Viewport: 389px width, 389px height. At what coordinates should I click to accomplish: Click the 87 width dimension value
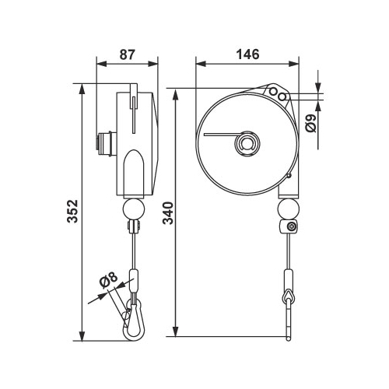coord(128,54)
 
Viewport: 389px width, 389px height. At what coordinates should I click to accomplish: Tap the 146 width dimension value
coord(247,54)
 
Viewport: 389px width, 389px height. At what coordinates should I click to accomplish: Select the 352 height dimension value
coord(72,211)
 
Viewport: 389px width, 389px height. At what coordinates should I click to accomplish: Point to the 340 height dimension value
coord(169,213)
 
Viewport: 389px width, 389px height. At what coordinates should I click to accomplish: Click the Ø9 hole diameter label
coord(311,123)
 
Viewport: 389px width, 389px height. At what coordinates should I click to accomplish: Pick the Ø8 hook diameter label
coord(108,280)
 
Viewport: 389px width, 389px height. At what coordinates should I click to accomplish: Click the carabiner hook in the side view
coord(133,320)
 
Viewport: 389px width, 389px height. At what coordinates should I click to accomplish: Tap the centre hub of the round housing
coord(247,144)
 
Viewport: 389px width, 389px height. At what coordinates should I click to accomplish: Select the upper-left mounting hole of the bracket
coord(273,91)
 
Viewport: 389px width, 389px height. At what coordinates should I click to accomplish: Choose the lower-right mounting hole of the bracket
coord(282,96)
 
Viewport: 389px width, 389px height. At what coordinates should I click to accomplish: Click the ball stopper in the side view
coord(134,209)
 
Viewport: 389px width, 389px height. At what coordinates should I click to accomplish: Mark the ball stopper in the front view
coord(289,209)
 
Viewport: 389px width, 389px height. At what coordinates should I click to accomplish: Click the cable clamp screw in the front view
coord(293,227)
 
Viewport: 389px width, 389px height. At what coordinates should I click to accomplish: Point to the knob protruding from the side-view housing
coord(106,144)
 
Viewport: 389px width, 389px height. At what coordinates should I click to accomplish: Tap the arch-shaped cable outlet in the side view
coord(134,173)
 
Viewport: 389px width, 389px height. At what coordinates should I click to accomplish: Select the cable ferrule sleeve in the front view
coord(289,279)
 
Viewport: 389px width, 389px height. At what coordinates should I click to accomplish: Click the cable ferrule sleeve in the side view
coord(134,281)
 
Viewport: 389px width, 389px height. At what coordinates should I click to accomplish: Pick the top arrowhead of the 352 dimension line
coord(82,89)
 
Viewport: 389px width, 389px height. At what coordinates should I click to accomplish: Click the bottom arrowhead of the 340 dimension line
coord(176,331)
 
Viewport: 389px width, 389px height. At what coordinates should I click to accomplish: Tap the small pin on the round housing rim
coord(289,176)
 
